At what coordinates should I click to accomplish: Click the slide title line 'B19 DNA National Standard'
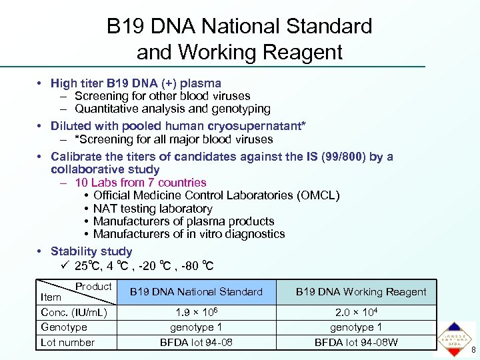(x=239, y=27)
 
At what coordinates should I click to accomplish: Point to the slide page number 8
(x=473, y=351)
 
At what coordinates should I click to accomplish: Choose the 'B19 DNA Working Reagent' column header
(x=361, y=292)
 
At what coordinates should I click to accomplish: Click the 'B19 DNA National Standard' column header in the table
(x=196, y=292)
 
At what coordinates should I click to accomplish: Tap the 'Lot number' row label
(x=68, y=342)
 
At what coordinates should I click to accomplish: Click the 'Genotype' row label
(x=64, y=327)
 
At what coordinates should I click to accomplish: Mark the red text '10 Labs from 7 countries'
(x=141, y=182)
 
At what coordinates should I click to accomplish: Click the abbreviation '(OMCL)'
(x=318, y=195)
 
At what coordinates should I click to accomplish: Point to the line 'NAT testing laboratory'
(x=153, y=208)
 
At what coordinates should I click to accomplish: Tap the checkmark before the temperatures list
(x=64, y=266)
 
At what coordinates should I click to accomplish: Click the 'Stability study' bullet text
(x=91, y=251)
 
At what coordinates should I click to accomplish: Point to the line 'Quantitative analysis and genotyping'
(x=173, y=109)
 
